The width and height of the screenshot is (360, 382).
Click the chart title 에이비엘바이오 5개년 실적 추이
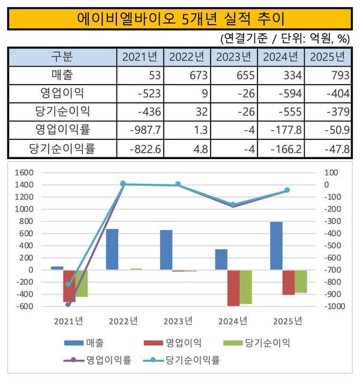coord(181,19)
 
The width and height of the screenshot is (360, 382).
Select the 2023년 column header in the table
coord(233,57)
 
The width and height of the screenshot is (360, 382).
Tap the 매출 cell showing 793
coord(328,75)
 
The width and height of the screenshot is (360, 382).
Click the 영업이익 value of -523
coord(140,94)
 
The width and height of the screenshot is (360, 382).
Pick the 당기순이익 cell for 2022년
coord(187,112)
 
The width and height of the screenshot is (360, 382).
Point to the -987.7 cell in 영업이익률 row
coord(140,130)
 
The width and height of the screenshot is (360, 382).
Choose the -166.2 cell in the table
coord(281,148)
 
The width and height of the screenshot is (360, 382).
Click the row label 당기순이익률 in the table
coord(62,148)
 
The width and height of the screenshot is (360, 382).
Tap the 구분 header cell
coord(62,57)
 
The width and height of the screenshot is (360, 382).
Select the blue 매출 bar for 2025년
coord(276,246)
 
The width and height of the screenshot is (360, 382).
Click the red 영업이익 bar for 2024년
coord(233,288)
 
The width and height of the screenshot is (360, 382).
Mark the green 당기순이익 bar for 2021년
coord(82,283)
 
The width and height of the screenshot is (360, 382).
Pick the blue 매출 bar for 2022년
coord(112,249)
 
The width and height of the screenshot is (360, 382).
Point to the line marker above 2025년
coord(287,190)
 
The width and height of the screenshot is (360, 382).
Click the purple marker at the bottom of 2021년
coord(68,305)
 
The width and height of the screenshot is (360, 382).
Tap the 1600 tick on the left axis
coord(24,173)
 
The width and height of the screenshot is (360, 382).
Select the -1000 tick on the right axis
coord(335,306)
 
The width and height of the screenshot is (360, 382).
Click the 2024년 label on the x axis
coord(233,321)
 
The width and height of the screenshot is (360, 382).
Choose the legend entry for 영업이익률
coord(97,360)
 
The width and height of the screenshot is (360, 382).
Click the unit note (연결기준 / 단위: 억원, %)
coord(285,38)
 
